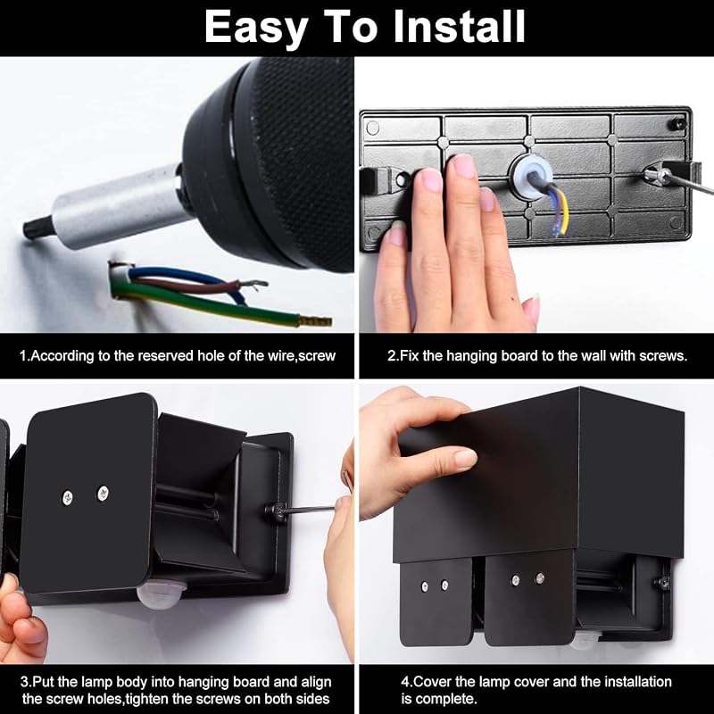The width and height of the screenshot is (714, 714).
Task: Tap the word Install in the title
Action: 459,27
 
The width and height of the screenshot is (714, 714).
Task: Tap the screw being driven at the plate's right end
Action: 653,173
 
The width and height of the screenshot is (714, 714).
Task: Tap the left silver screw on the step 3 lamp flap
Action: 68,498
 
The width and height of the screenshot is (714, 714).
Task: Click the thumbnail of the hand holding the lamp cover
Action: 464,458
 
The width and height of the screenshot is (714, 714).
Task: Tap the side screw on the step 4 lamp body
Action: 662,582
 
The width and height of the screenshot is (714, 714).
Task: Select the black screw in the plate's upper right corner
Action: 678,123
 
